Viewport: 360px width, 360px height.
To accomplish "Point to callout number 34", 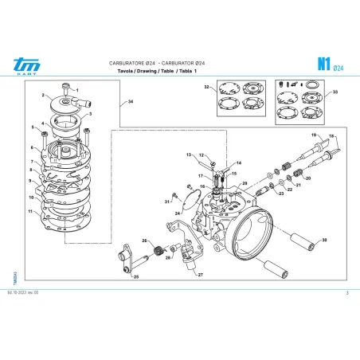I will click(x=131, y=102).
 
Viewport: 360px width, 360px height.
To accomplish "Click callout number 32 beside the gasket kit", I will click(x=205, y=85).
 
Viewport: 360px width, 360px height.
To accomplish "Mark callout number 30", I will click(x=324, y=240).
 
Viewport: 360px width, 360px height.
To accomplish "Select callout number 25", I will click(x=136, y=276).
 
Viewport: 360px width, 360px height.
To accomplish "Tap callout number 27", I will click(x=200, y=275).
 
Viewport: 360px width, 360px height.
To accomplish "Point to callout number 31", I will click(x=166, y=202).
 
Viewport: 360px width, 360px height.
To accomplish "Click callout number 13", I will click(x=190, y=153).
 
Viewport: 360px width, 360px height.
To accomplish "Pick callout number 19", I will click(x=313, y=135).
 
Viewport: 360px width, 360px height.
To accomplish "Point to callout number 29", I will click(x=245, y=184).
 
